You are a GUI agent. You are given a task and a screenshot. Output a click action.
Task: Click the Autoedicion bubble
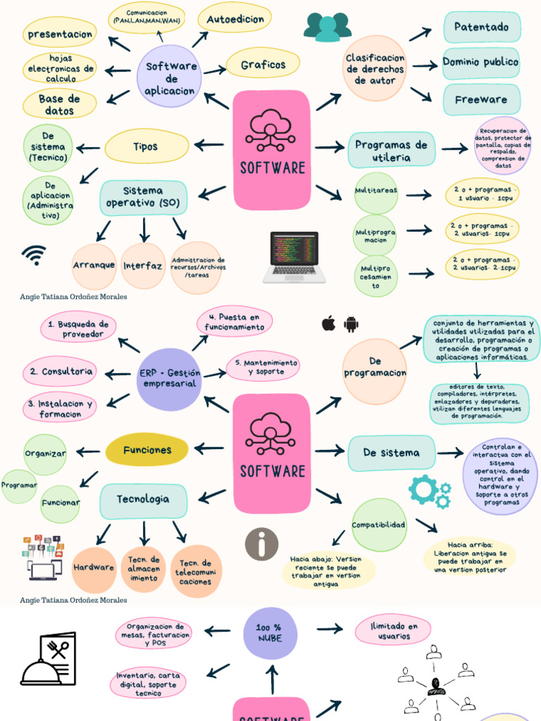coord(235,20)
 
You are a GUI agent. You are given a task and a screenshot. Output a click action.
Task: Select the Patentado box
coord(482,27)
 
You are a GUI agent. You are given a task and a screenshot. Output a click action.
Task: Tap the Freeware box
coord(481,100)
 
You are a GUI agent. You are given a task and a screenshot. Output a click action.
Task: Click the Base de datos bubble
coord(59,104)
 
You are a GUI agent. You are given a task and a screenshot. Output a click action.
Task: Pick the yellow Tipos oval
coord(147,146)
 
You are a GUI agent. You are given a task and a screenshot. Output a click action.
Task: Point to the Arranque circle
coord(94,266)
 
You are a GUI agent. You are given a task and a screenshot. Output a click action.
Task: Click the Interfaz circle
coord(143,266)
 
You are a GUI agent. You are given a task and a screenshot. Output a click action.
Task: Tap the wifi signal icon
coord(34,254)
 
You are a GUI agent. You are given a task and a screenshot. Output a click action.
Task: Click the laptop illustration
coord(294,257)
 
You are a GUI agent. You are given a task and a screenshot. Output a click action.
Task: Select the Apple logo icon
coord(328,324)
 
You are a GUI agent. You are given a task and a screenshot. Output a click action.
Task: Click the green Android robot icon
coord(351,324)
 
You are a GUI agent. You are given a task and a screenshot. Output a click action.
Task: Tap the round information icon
coord(261,544)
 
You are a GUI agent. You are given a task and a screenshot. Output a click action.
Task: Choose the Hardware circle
coord(94,568)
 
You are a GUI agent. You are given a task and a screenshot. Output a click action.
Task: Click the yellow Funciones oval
coord(147,450)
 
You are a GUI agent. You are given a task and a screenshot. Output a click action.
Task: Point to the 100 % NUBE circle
coord(270,632)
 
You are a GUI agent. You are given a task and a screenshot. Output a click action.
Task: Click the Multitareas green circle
coord(376,192)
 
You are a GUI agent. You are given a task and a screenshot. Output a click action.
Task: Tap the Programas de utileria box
coord(391,151)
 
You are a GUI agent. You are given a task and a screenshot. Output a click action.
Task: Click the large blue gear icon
coord(424,489)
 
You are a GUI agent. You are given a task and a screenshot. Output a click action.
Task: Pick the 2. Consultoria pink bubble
coord(59,372)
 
